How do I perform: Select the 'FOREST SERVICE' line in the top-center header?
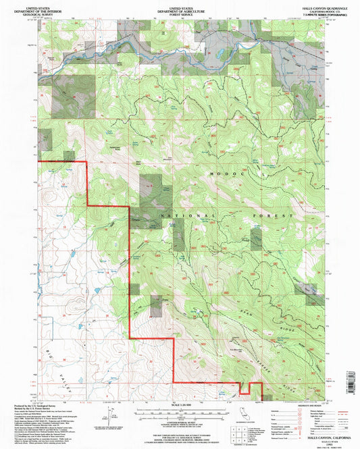[x=180, y=14]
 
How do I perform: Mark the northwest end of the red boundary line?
[x=39, y=163]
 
